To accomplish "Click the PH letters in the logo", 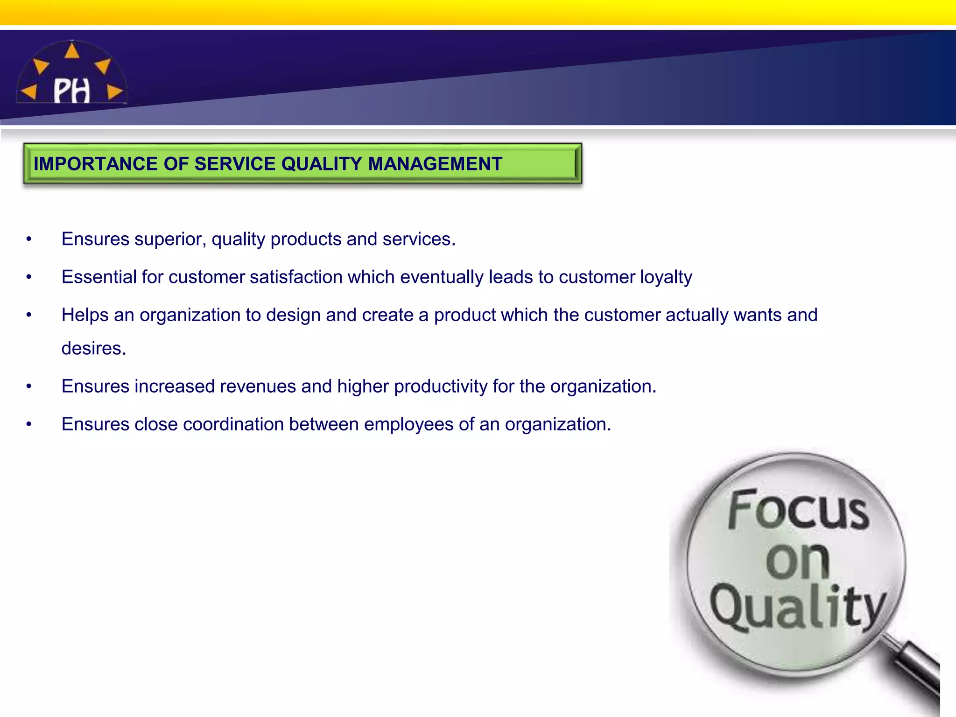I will click(71, 91).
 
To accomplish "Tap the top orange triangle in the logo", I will click(71, 51).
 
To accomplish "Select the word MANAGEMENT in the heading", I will click(435, 164).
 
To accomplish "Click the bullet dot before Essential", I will click(29, 277).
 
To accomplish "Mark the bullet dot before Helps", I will click(29, 315).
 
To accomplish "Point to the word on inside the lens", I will click(797, 560).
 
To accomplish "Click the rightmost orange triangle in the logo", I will click(114, 92).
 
